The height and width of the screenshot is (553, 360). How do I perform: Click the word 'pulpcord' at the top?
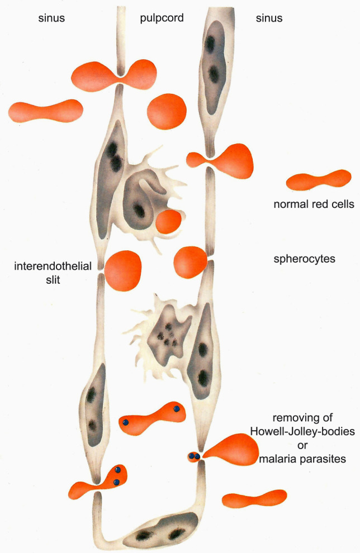(x=161, y=18)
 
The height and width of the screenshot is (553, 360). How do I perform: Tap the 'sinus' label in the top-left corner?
(x=51, y=18)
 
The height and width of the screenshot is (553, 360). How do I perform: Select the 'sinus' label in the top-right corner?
(x=269, y=18)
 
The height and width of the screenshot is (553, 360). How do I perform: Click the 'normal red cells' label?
(x=314, y=204)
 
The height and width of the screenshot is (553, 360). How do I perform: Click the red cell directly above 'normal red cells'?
(x=318, y=180)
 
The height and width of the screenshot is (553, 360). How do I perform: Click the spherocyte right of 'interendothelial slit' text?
(x=123, y=270)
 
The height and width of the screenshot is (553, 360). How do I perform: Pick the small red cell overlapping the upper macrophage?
(x=168, y=222)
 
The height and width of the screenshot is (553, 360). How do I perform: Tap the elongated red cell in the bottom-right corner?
(x=254, y=498)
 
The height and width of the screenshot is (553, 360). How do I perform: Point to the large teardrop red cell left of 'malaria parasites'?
(x=233, y=450)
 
